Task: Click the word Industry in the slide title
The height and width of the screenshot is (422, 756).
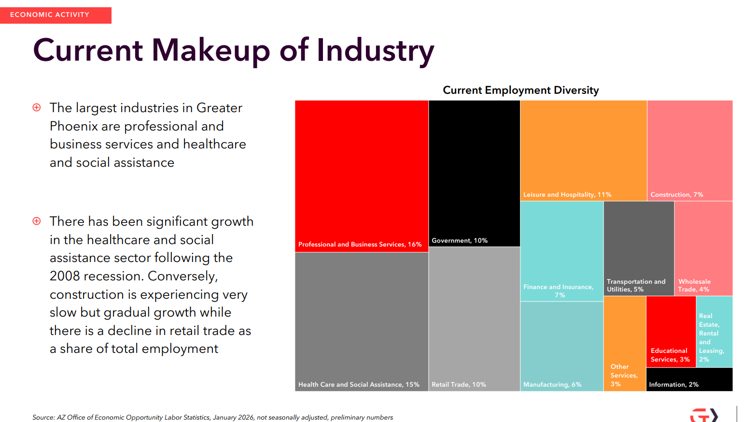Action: point(375,51)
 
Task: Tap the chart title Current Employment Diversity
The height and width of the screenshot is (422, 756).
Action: point(520,90)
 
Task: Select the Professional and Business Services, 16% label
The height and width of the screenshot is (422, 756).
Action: point(360,245)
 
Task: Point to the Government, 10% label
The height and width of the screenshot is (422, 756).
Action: point(459,241)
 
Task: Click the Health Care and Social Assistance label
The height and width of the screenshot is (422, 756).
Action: point(359,385)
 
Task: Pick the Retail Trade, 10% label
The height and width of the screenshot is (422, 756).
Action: point(459,385)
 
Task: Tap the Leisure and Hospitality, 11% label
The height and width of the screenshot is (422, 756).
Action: point(567,195)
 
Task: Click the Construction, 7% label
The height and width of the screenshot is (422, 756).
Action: point(676,195)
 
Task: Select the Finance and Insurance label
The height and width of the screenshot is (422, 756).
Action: point(559,291)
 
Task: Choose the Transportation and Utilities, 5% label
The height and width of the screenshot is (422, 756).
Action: point(636,285)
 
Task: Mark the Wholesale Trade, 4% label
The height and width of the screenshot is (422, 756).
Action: point(694,285)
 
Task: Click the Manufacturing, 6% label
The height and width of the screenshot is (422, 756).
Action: point(552,385)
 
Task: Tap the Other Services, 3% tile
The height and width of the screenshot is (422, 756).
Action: point(625,343)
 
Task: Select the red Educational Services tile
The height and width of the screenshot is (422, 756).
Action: point(671,332)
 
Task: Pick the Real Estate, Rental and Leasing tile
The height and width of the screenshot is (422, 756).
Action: point(714,332)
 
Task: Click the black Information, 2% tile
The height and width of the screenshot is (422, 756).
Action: point(689,379)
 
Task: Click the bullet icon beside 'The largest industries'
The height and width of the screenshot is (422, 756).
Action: point(37,107)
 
